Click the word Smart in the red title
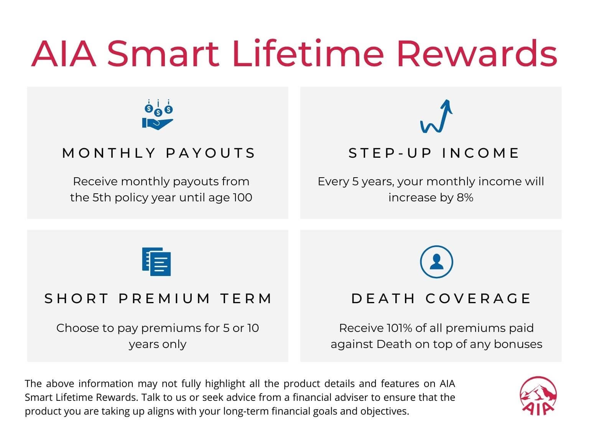point(163,54)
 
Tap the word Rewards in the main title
point(477,54)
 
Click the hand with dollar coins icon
point(158,114)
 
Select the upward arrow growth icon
point(436,116)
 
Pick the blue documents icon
point(156,261)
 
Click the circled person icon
point(436,261)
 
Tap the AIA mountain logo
point(538,396)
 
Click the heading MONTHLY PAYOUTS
point(159,153)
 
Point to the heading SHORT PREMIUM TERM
point(158,298)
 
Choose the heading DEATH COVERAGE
point(441,298)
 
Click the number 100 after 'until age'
point(243,198)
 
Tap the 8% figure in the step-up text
point(465,198)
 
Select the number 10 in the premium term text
point(253,328)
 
